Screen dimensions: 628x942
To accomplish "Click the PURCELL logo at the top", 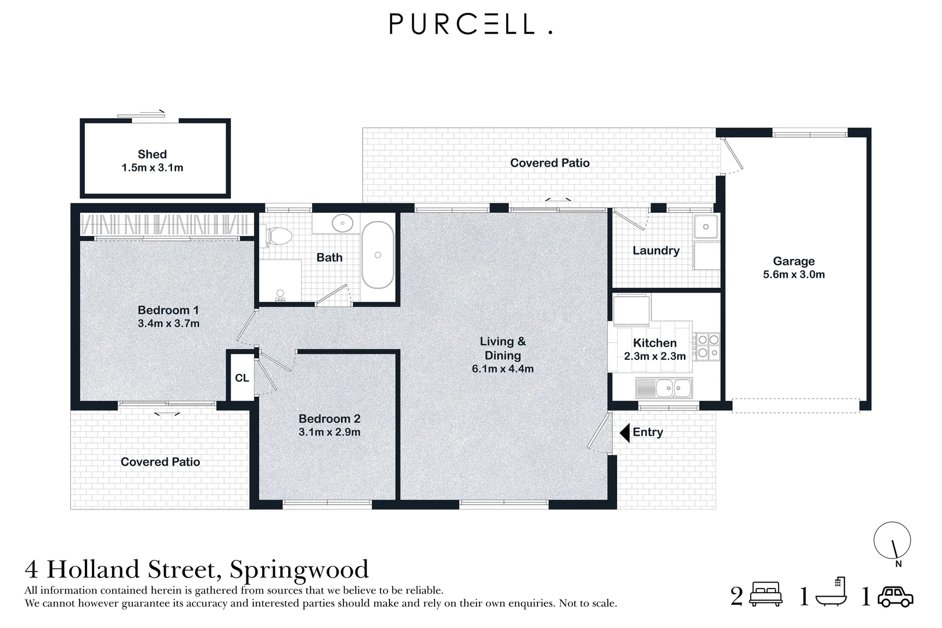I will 470,24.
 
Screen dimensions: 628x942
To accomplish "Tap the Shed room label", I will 152,154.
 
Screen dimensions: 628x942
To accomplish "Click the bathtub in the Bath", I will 378,255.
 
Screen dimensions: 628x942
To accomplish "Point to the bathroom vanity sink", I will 343,223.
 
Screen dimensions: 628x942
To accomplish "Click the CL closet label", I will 242,378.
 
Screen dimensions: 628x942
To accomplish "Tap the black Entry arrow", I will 625,432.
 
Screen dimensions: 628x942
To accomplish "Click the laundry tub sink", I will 706,226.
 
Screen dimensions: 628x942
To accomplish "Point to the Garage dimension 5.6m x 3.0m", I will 794,274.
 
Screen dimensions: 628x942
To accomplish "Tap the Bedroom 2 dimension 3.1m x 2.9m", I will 329,432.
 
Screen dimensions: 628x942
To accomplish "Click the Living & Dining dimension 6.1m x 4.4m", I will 503,369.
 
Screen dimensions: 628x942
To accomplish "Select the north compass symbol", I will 893,541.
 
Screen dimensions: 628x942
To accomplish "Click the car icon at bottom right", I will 896,597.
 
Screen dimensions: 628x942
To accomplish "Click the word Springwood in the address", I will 299,569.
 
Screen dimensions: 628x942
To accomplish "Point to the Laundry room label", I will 656,251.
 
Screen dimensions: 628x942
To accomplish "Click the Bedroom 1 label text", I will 168,310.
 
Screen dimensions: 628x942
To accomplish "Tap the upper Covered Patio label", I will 550,163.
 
